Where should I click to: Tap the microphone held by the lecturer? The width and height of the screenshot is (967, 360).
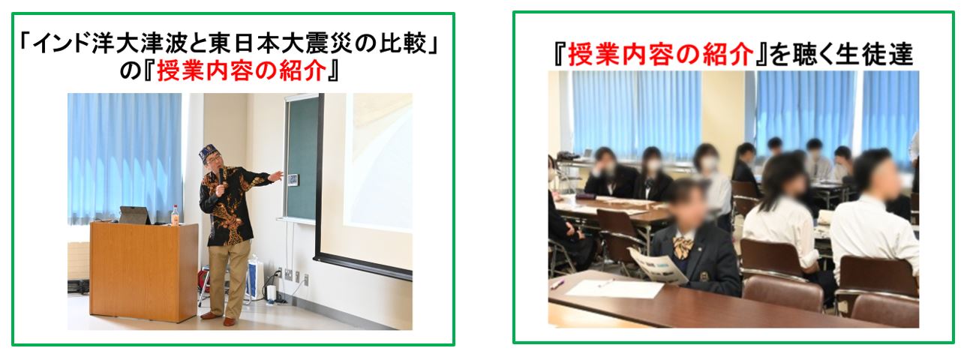point(221,176)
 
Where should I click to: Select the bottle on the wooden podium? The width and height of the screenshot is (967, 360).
point(176,214)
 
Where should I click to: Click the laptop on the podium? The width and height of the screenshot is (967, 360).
point(135,215)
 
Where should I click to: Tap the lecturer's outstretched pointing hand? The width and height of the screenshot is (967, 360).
point(277,175)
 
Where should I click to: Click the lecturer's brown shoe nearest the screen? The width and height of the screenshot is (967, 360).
point(229,322)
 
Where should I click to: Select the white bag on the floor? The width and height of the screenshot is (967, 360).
point(256,277)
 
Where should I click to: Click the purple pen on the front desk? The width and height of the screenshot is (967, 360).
point(557,283)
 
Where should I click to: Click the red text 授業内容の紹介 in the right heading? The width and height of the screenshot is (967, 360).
point(660,55)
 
